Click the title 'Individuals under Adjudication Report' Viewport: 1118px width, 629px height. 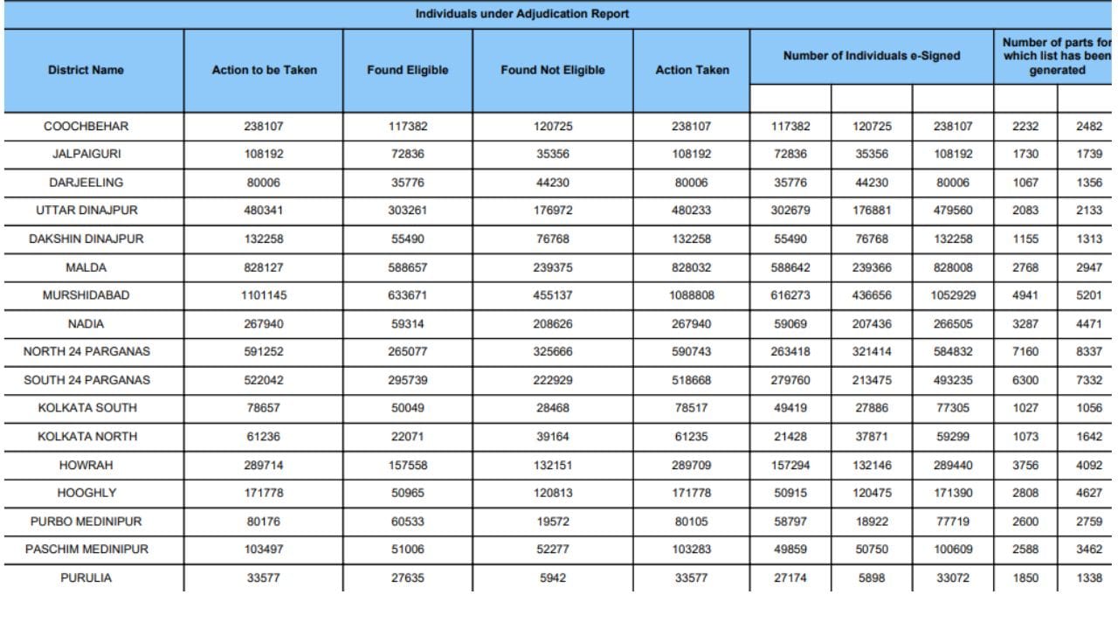(x=521, y=14)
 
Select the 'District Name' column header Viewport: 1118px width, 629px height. (x=86, y=70)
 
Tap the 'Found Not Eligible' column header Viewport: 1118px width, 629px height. (x=552, y=70)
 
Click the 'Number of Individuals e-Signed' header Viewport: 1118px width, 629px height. (x=871, y=56)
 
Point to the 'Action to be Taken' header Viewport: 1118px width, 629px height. (x=264, y=70)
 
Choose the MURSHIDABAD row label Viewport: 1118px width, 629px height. (x=86, y=295)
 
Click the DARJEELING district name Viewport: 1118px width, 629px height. (x=86, y=183)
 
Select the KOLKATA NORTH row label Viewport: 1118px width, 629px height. (x=86, y=436)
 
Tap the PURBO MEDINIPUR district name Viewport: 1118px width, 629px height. (x=86, y=522)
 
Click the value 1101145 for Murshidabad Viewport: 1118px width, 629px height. (x=264, y=295)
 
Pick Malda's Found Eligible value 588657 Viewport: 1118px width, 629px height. (x=408, y=267)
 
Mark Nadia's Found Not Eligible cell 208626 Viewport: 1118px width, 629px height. (x=552, y=324)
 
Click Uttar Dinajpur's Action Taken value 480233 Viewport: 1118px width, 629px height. (x=692, y=211)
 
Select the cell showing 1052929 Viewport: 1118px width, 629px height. (x=952, y=295)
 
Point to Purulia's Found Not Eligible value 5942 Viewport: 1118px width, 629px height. (x=552, y=577)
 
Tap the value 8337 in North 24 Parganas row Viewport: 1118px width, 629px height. (x=1088, y=352)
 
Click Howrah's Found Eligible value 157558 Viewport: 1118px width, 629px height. (x=408, y=465)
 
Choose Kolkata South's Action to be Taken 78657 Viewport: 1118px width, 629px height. (x=264, y=408)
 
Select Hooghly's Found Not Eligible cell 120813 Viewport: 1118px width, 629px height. (x=552, y=493)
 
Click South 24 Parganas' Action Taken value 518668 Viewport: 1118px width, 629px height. (x=692, y=380)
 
